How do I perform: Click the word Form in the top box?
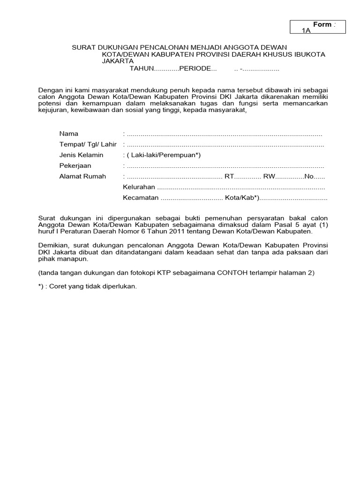322,24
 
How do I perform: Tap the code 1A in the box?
307,30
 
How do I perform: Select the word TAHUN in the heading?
142,69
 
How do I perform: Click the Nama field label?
68,134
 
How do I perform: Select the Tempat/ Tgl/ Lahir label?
88,144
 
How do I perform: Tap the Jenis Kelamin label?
81,155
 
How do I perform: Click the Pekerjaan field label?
75,166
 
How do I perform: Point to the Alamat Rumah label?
82,177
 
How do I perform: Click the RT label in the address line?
229,177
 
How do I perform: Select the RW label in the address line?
269,177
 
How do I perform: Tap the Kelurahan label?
139,187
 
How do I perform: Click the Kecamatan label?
141,198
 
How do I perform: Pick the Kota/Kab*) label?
242,198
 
